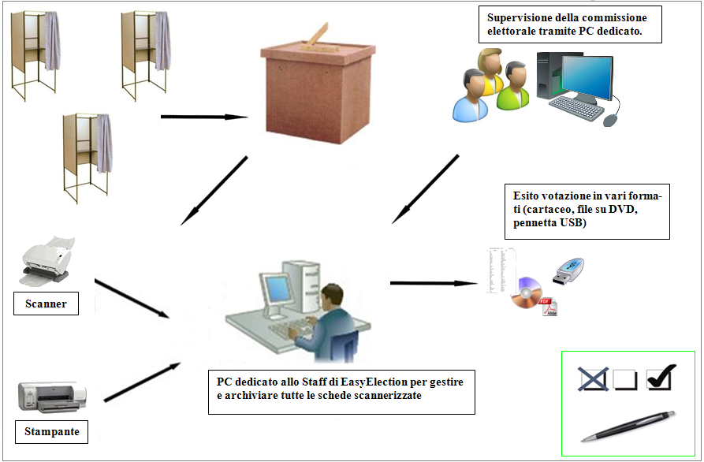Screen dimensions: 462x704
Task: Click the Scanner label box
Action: click(46, 304)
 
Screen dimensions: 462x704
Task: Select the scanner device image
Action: click(46, 263)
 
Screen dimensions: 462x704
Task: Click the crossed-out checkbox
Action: click(592, 380)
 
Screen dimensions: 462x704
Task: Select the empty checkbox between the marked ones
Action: click(624, 380)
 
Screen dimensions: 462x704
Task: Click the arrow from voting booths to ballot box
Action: click(203, 117)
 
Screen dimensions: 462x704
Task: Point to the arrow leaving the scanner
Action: click(132, 298)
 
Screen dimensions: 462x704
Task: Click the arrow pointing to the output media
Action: click(432, 282)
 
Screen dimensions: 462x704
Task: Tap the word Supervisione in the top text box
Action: click(522, 18)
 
